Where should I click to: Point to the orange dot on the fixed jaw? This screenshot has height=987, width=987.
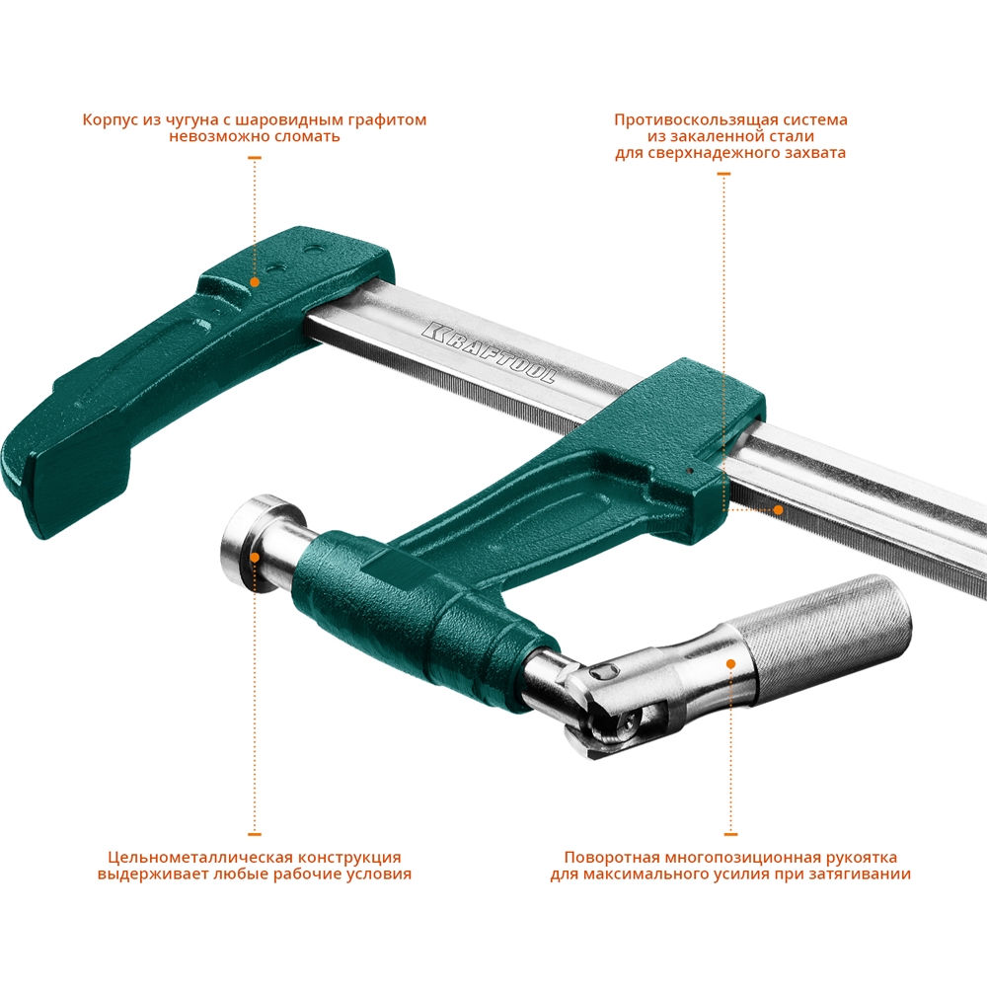255,281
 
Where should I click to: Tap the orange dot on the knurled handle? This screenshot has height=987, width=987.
730,663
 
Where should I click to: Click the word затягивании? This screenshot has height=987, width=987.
866,873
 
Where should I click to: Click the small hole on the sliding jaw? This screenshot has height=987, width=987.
690,472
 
